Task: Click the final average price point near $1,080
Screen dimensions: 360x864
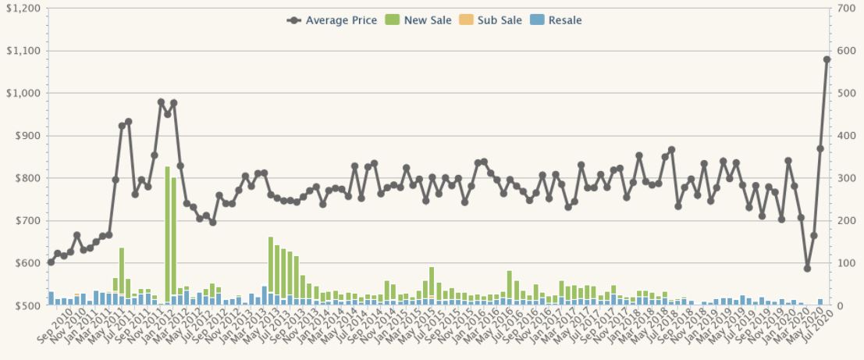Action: coord(827,59)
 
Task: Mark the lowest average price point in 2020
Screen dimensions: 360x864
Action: coord(807,268)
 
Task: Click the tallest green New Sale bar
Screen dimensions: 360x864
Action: coord(167,234)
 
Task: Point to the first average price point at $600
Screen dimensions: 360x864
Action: coord(51,262)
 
